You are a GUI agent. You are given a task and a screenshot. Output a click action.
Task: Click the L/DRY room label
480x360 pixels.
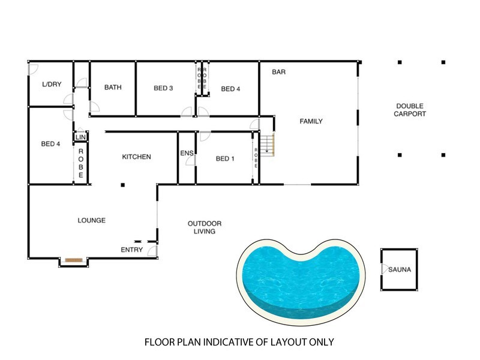(x=52, y=85)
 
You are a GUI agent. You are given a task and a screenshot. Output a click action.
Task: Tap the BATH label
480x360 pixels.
(x=113, y=88)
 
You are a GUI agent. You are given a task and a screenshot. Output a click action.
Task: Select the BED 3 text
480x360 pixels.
(x=163, y=88)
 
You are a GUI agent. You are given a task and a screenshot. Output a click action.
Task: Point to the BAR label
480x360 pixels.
(x=278, y=72)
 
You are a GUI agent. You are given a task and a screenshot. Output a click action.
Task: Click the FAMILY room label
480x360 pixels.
(x=311, y=121)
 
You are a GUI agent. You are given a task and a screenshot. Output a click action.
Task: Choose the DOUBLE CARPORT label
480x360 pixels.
(x=410, y=110)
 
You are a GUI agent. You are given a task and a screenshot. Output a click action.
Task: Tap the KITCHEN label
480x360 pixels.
(x=136, y=157)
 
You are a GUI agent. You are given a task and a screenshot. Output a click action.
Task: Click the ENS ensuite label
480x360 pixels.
(x=187, y=154)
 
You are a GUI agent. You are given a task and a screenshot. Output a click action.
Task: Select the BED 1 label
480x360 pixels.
(x=224, y=159)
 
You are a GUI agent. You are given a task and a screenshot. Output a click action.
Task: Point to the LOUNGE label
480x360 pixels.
(x=91, y=221)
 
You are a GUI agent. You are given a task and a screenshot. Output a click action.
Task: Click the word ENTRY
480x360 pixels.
(x=131, y=250)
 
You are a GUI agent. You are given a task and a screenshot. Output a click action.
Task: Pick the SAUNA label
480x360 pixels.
(x=399, y=270)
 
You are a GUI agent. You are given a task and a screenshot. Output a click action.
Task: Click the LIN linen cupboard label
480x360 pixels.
(x=80, y=137)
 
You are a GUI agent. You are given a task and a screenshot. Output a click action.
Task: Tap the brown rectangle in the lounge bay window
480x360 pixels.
(x=74, y=260)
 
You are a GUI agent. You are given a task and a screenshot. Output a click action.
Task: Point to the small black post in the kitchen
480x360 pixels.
(x=122, y=185)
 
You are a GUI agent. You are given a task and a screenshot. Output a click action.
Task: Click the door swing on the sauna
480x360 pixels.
(x=383, y=270)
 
